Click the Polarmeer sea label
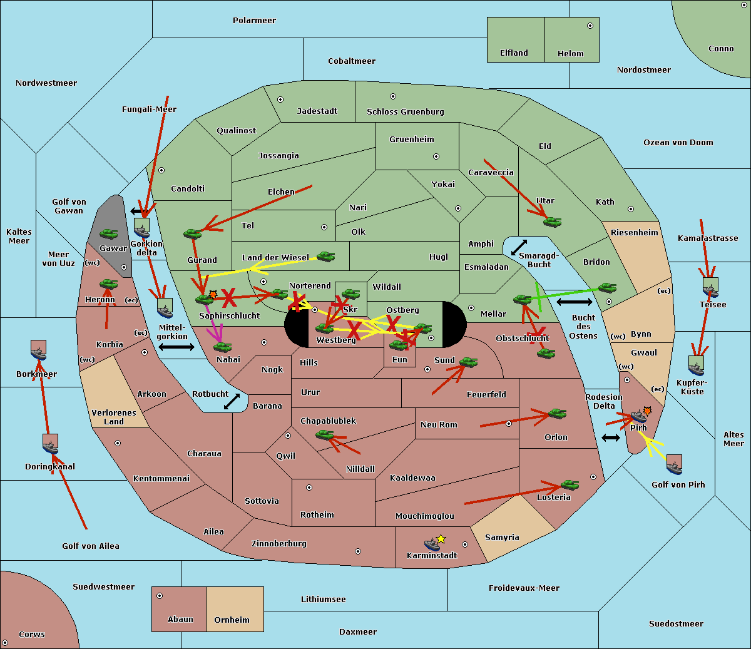[254, 21]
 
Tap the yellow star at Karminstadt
[441, 539]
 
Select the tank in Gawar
[109, 233]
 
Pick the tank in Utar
[553, 222]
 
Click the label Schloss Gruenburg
[406, 111]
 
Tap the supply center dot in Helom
[590, 26]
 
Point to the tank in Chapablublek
[324, 434]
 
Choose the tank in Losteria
[570, 484]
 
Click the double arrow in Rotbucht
[232, 401]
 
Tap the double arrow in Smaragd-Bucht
[519, 247]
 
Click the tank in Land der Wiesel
[325, 257]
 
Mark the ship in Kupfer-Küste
[696, 365]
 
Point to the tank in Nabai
[222, 347]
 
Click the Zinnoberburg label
[279, 544]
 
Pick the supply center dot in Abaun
[160, 596]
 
